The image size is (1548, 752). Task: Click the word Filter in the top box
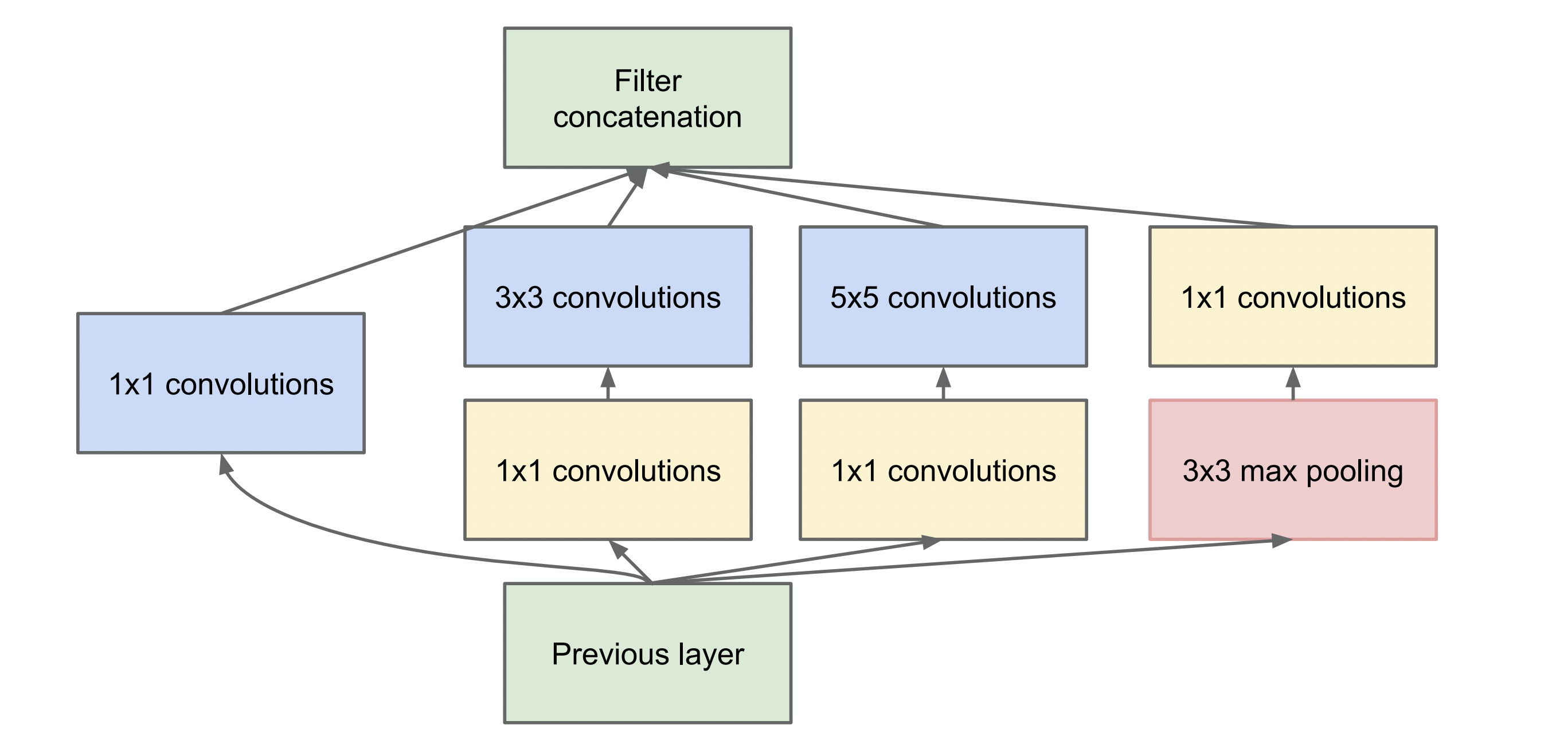[x=647, y=81]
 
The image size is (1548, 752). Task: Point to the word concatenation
[x=647, y=117]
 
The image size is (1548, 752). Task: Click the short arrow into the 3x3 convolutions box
[x=608, y=383]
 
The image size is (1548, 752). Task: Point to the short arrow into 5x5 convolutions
[x=944, y=383]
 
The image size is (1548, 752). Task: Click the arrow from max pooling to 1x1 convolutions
[x=1293, y=383]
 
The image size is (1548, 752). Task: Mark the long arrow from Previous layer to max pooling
[x=1022, y=559]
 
